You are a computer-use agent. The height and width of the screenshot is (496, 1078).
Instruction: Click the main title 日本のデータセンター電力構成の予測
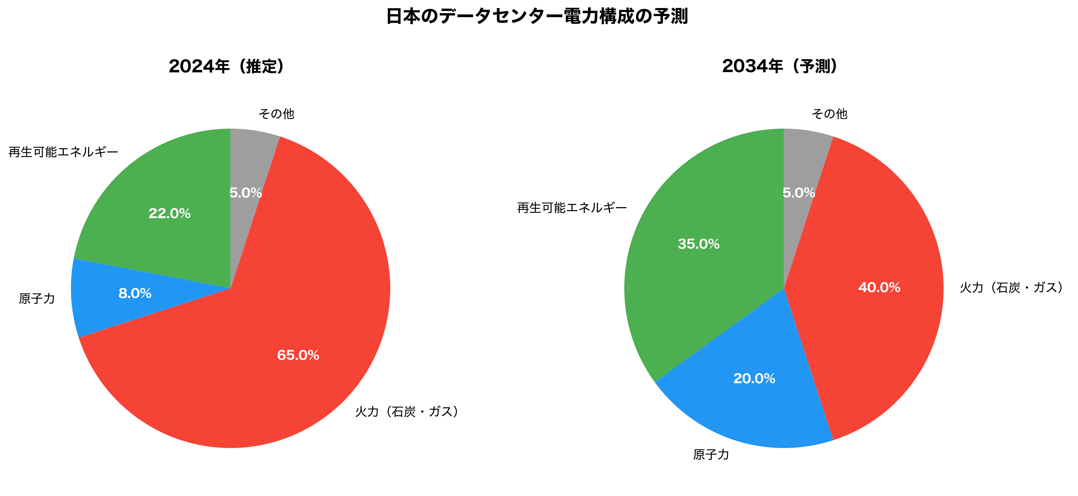(537, 17)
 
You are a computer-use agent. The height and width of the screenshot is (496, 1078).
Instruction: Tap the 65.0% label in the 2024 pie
(298, 355)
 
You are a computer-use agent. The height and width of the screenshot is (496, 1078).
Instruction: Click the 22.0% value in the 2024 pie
(170, 214)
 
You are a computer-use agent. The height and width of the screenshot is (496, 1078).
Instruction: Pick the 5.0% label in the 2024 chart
(246, 193)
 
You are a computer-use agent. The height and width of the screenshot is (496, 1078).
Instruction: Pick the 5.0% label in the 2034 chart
(799, 193)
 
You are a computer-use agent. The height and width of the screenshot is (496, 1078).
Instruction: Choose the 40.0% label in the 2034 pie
(879, 288)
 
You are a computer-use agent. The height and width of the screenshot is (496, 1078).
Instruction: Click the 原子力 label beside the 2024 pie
(37, 299)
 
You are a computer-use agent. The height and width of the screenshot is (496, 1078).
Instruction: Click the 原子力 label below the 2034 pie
(711, 454)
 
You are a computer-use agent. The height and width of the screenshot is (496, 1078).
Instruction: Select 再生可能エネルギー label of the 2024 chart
(63, 152)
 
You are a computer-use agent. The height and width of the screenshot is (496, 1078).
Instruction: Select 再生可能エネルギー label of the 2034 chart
(572, 208)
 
